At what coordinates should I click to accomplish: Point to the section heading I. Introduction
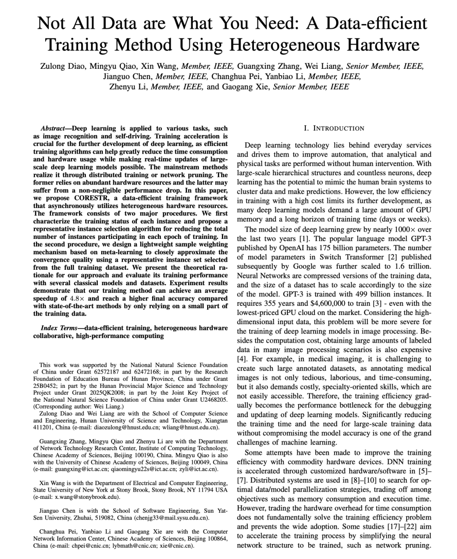(335, 128)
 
